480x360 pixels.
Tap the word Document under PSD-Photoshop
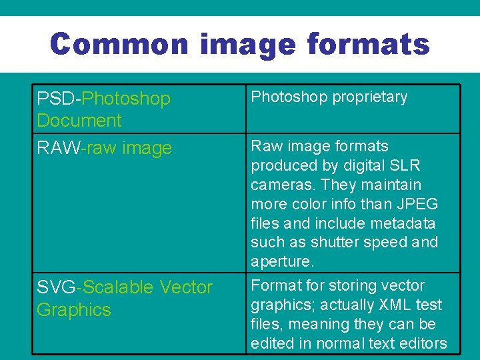point(79,121)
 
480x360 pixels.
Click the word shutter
point(335,242)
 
